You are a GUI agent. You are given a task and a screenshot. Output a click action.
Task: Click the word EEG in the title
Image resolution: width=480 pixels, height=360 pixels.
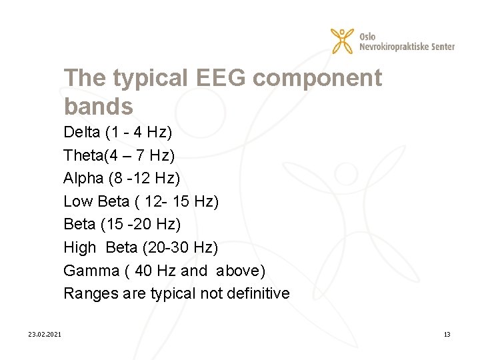(x=222, y=79)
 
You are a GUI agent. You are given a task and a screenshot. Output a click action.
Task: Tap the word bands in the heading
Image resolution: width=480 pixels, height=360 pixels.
(x=99, y=106)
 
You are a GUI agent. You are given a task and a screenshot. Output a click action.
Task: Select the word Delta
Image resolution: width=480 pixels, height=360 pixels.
(x=81, y=132)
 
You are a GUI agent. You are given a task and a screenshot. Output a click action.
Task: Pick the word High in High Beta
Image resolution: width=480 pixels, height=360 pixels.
(x=80, y=247)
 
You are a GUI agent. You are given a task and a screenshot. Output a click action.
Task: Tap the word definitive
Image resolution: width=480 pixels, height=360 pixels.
(x=257, y=293)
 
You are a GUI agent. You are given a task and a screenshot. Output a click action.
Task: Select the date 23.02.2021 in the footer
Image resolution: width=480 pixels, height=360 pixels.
(x=45, y=334)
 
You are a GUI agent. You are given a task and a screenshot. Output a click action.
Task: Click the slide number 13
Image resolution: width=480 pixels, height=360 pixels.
(x=447, y=334)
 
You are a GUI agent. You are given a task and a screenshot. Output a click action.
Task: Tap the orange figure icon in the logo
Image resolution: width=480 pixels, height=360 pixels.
(x=343, y=41)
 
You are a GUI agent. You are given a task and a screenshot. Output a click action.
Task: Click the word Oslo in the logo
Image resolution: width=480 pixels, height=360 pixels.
(x=367, y=35)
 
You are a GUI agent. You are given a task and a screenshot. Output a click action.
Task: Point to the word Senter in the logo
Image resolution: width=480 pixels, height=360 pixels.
(x=441, y=47)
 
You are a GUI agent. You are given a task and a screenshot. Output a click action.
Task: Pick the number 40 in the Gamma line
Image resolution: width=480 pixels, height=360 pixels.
(x=145, y=271)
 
